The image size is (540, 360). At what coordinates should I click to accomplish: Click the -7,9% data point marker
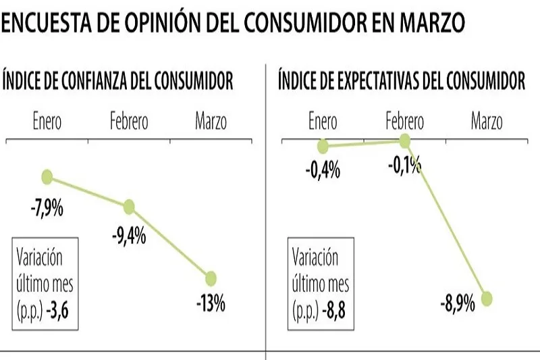(47, 177)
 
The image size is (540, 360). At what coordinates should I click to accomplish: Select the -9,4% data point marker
(129, 207)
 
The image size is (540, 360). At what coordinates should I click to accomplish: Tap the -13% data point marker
(211, 278)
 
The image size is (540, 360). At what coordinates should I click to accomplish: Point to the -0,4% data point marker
(323, 146)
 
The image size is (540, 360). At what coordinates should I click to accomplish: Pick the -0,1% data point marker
(405, 140)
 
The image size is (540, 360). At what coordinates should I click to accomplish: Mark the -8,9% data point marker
(487, 298)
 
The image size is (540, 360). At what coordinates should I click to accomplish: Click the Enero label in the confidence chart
(47, 122)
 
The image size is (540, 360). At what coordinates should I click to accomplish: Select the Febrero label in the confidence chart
(129, 122)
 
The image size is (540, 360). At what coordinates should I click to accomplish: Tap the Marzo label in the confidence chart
(211, 122)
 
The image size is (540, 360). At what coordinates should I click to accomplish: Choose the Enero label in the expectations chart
(323, 122)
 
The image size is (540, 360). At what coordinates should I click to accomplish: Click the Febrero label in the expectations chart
(405, 122)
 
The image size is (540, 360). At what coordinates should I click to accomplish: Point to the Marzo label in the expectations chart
(487, 122)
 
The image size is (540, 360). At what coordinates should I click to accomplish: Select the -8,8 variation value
(335, 313)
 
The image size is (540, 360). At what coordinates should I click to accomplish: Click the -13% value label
(211, 303)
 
